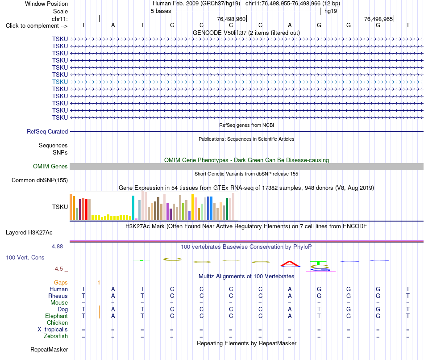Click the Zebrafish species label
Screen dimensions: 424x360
56,336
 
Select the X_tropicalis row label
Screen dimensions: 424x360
53,330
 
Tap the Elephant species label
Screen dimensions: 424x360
56,316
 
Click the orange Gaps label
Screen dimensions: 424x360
61,282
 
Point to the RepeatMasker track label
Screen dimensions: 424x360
49,349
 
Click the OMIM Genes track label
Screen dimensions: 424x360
50,166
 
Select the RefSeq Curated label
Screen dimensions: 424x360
47,131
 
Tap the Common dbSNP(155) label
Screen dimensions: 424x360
39,180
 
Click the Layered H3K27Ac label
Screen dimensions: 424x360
29,233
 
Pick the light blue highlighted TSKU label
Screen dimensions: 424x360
60,82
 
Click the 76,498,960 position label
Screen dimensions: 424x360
231,19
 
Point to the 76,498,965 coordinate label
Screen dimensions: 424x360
378,19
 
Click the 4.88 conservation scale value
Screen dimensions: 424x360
57,246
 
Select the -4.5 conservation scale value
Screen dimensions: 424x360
58,269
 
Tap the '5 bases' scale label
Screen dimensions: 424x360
161,11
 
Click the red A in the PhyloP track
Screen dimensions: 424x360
290,264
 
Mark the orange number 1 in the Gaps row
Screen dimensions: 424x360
99,283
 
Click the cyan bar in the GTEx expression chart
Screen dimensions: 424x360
133,208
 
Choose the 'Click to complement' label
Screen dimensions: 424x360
37,26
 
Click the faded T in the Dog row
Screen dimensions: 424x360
319,309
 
